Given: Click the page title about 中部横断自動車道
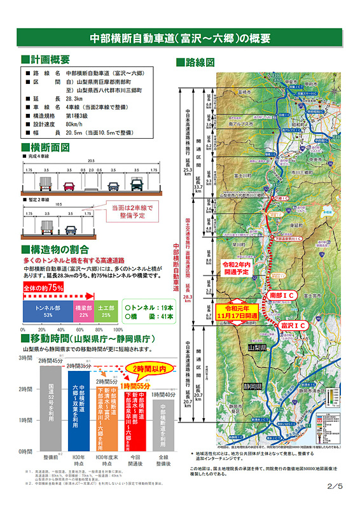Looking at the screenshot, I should tap(180, 38).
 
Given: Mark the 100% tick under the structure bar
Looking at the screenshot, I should tap(118, 330).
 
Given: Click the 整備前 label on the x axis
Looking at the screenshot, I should tap(51, 457).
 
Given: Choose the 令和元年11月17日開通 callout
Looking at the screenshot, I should tap(237, 312).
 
